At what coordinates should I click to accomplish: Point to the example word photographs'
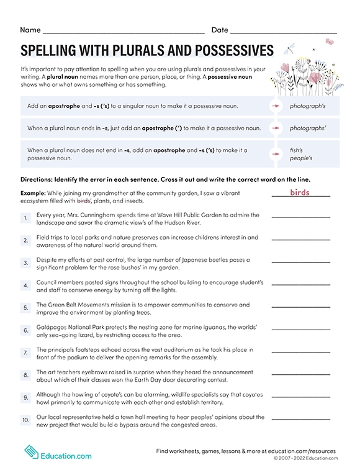pyautogui.click(x=308, y=128)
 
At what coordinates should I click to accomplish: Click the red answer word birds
pyautogui.click(x=300, y=192)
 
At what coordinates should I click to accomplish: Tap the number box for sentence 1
pyautogui.click(x=26, y=218)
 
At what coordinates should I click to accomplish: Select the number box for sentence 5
pyautogui.click(x=26, y=308)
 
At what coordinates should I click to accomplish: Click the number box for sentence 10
pyautogui.click(x=26, y=420)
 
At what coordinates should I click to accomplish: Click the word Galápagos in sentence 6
pyautogui.click(x=53, y=327)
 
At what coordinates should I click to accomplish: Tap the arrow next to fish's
pyautogui.click(x=275, y=155)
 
